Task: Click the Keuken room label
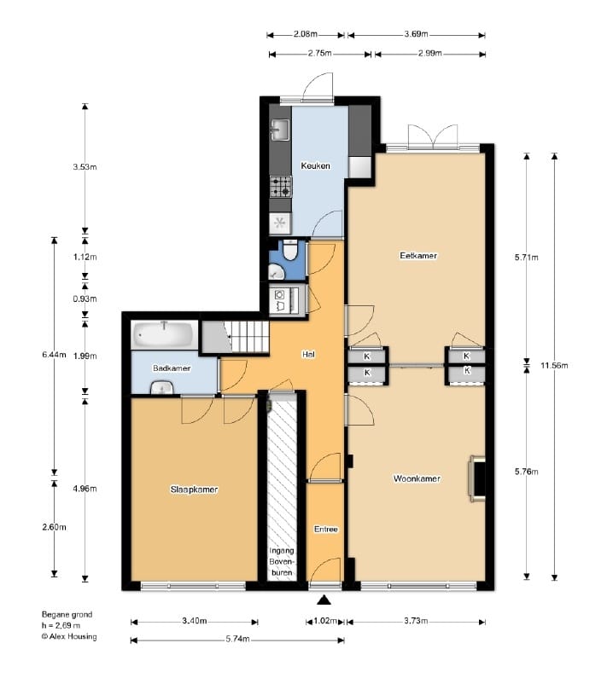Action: [315, 165]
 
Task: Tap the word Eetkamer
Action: [418, 256]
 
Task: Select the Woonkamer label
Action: [417, 478]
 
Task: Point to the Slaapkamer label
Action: [194, 490]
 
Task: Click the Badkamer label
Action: [172, 368]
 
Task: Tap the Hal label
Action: [308, 354]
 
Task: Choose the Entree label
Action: [325, 530]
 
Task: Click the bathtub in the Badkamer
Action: [163, 334]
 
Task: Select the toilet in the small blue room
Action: [290, 250]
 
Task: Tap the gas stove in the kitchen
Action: [281, 187]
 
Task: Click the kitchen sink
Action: [281, 130]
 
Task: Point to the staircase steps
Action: [248, 336]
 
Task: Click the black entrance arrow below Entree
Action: [324, 600]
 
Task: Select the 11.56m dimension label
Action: [554, 365]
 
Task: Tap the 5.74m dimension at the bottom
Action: [237, 639]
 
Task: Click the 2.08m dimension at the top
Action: [306, 34]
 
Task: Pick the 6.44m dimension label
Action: [54, 355]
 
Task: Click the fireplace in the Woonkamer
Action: [476, 478]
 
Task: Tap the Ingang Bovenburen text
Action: [282, 562]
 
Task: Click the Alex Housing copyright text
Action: [69, 636]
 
